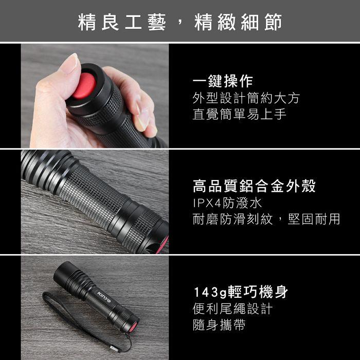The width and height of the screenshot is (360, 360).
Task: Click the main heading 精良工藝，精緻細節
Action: click(x=180, y=22)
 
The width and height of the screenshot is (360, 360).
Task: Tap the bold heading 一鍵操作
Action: click(x=223, y=81)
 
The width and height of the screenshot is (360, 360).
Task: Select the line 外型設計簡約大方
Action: click(x=246, y=98)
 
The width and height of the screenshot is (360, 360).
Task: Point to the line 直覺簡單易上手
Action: click(x=239, y=114)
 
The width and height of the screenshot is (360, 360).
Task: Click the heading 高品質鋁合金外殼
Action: click(x=254, y=186)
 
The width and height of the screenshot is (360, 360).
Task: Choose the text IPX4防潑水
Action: click(x=227, y=203)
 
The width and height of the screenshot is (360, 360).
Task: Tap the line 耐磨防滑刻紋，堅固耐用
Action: click(x=266, y=219)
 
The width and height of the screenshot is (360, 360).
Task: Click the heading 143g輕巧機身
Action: click(x=241, y=292)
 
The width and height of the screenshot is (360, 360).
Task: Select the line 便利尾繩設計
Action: click(x=232, y=309)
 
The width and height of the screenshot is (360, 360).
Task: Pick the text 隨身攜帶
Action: click(x=219, y=325)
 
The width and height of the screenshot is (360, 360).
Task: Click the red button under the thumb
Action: click(x=84, y=86)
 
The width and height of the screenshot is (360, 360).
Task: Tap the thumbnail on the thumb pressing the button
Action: click(x=69, y=63)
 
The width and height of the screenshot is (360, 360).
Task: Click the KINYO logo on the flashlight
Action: click(x=104, y=297)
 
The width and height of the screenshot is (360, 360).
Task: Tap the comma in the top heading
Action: click(x=180, y=23)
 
